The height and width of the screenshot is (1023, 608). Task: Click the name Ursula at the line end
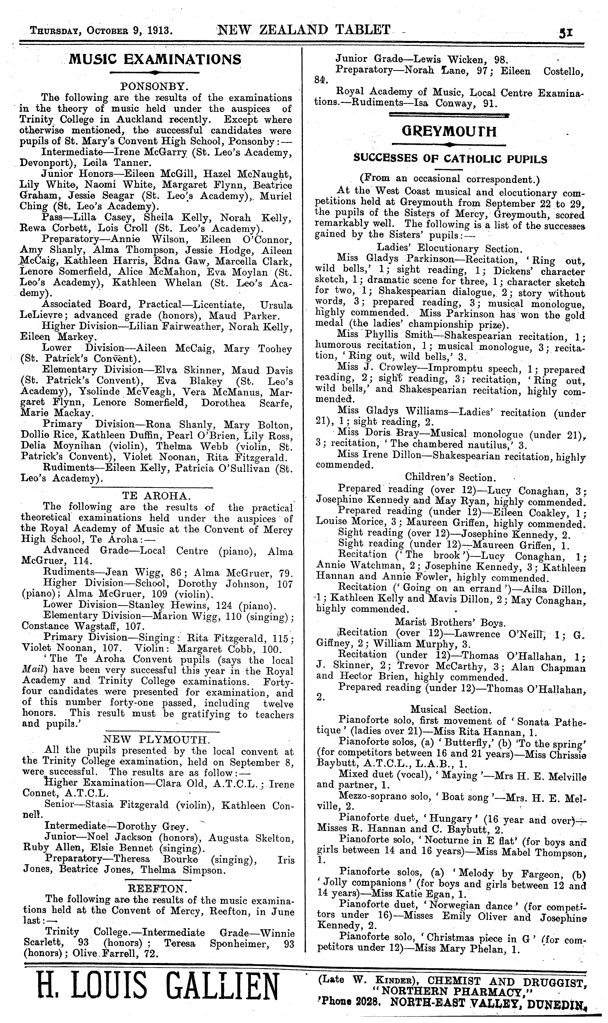[x=276, y=305]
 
